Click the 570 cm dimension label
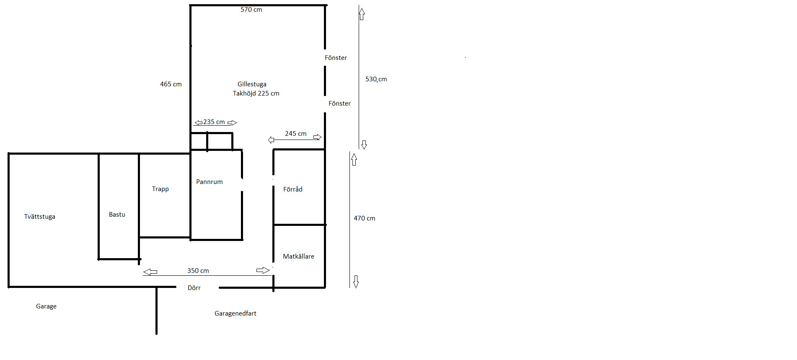pos(251,10)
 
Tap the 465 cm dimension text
pos(171,84)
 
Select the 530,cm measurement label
pos(376,79)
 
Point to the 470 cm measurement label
pos(365,218)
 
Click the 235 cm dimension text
pos(214,122)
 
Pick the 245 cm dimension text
pos(296,134)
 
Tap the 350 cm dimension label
pos(198,271)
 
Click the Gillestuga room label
pos(252,84)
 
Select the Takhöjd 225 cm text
pos(256,93)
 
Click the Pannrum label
pos(210,182)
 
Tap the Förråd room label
pos(293,189)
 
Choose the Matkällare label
pos(298,256)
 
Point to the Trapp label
pos(160,189)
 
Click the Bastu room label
pos(117,215)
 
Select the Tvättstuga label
pos(40,217)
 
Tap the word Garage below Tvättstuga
pos(46,306)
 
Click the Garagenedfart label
pos(235,313)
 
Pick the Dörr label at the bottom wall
pos(194,288)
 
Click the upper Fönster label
pos(336,58)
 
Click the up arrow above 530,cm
pos(362,14)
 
